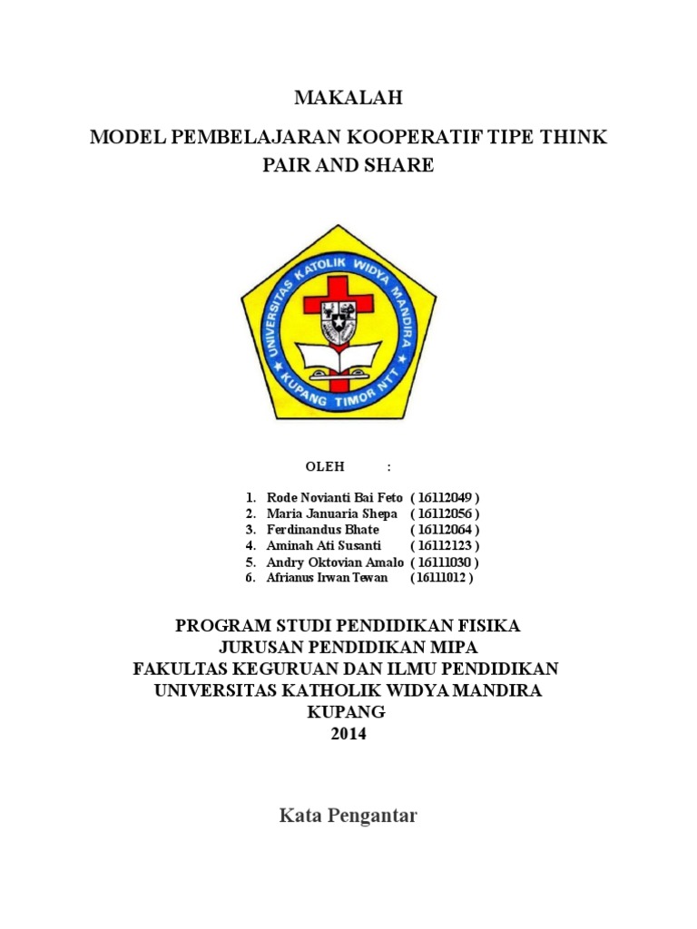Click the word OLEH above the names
pyautogui.click(x=325, y=467)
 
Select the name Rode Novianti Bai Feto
pyautogui.click(x=334, y=498)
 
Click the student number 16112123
pyautogui.click(x=444, y=545)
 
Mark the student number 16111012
pyautogui.click(x=441, y=577)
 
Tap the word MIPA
pyautogui.click(x=451, y=647)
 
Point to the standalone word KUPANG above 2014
pyautogui.click(x=348, y=712)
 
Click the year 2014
pyautogui.click(x=348, y=734)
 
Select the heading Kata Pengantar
pyautogui.click(x=348, y=816)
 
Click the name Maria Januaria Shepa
pyautogui.click(x=331, y=513)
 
